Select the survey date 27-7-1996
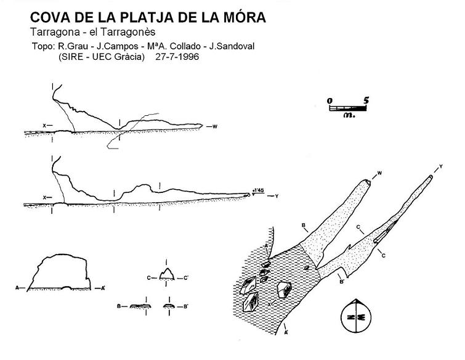coord(177,56)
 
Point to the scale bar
coord(348,108)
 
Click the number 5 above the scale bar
coord(366,100)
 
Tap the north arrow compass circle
coord(356,317)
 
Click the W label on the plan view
coord(379,173)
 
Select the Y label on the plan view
coord(441,166)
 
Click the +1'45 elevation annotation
coord(257,190)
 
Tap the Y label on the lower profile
coord(277,196)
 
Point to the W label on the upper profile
coord(215,126)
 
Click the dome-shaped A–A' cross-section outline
coord(59,272)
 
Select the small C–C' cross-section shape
coord(167,274)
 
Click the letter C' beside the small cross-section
coord(186,278)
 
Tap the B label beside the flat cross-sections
coord(119,306)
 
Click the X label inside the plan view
coord(269,305)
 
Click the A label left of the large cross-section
coord(17,288)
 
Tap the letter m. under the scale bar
coord(349,115)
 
